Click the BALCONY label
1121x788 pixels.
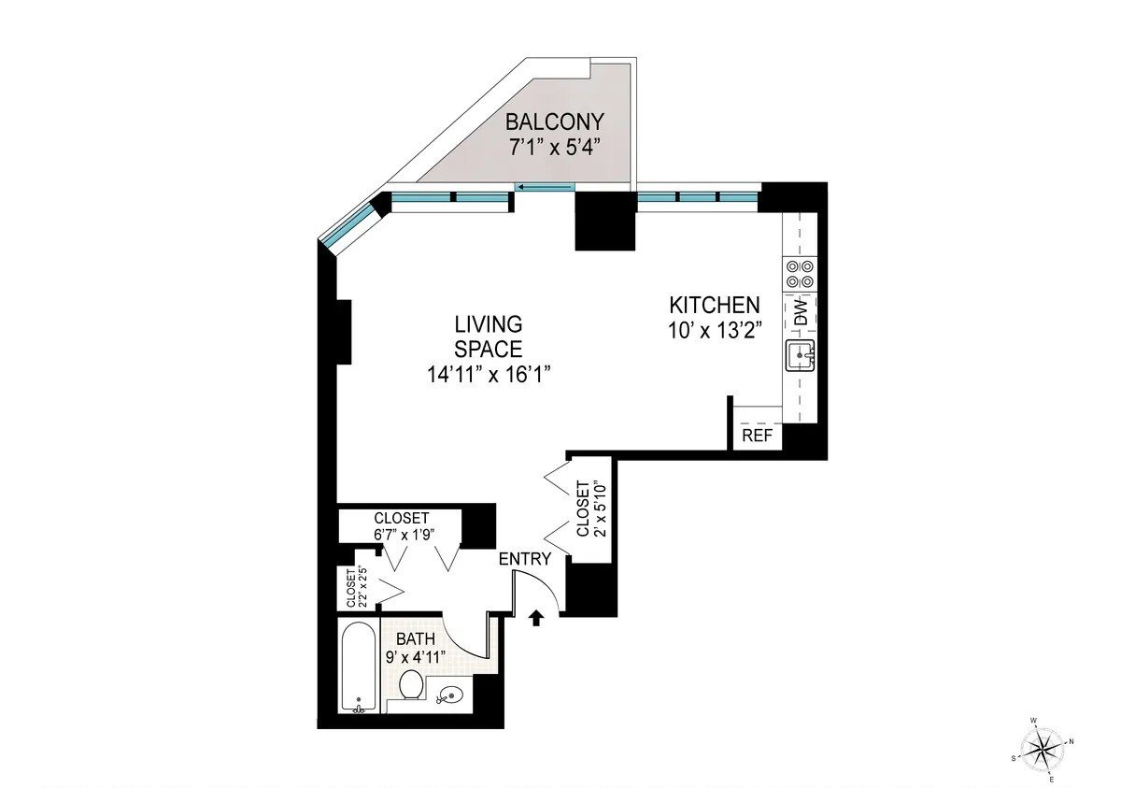click(x=555, y=122)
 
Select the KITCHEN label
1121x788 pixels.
click(x=714, y=305)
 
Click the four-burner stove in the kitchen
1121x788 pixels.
click(x=800, y=274)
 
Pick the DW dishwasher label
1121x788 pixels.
click(x=802, y=312)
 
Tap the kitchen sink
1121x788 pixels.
click(x=800, y=355)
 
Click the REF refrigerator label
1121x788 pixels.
click(x=758, y=436)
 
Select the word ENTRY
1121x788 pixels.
click(x=525, y=558)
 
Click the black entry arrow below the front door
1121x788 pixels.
click(x=536, y=618)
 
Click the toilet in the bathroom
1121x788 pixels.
click(x=412, y=684)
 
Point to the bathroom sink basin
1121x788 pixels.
click(x=450, y=695)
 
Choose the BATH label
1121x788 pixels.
click(x=416, y=638)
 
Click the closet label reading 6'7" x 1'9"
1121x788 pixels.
click(x=404, y=534)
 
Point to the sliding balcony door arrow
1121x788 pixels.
click(x=545, y=187)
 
